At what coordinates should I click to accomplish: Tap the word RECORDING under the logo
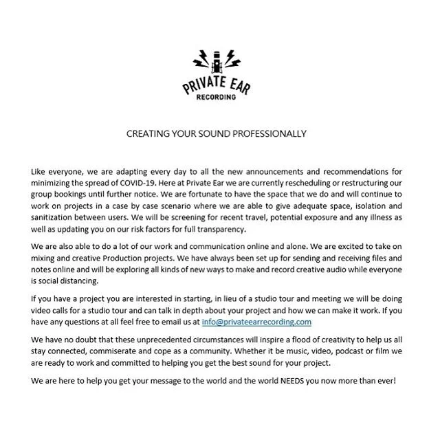tap(220, 97)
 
